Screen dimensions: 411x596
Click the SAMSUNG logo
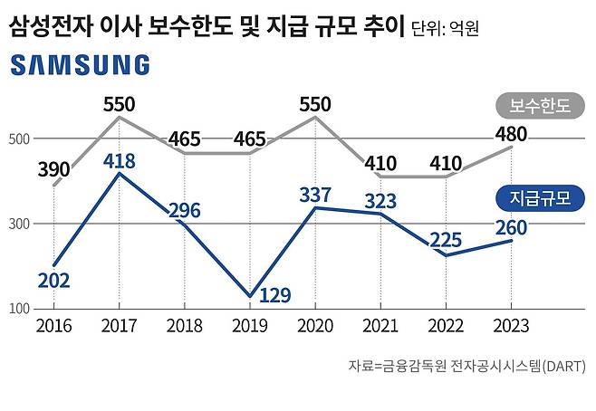click(80, 65)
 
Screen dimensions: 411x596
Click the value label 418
click(120, 162)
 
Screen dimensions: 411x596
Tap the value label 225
click(445, 240)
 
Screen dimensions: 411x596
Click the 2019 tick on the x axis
click(249, 325)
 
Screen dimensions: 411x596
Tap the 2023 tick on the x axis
click(511, 325)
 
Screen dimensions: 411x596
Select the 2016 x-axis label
click(53, 325)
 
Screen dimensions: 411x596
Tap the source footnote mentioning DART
click(466, 367)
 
